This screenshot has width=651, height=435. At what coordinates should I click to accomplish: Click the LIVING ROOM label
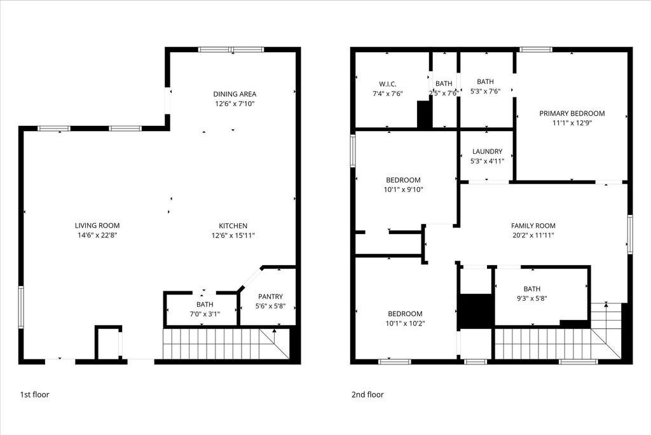coord(97,226)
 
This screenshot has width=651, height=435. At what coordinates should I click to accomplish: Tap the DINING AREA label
coord(235,94)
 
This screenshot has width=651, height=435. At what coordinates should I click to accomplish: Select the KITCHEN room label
coord(233,226)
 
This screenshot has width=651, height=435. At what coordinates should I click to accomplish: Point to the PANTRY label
coord(270,296)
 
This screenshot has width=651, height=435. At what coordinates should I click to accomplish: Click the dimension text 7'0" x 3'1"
coord(205,314)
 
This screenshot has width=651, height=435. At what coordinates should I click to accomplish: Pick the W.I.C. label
coord(387,84)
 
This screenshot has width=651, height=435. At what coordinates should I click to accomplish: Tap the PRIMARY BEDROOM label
coord(572,113)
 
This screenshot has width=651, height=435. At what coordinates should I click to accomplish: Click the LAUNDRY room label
coord(487,151)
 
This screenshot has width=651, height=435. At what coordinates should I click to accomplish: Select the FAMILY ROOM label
coord(533,226)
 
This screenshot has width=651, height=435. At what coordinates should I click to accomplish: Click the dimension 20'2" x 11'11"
coord(533,235)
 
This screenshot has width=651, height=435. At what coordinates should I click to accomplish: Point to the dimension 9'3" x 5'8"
coord(532,298)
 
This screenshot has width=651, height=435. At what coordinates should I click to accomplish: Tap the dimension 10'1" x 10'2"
coord(405,323)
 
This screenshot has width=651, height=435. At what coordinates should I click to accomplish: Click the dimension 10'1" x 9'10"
coord(403,190)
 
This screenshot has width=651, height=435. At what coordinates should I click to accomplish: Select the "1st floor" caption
coord(34,394)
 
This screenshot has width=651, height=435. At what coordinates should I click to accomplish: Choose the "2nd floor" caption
coord(367,394)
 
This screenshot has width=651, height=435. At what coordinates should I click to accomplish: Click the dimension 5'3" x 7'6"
coord(485,92)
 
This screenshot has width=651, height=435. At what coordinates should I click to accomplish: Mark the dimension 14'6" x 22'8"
coord(97,235)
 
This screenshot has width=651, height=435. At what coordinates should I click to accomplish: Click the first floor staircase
coord(226,344)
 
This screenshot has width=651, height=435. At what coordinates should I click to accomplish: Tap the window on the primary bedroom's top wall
coord(536,50)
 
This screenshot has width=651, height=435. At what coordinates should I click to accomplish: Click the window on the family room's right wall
coord(630,234)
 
